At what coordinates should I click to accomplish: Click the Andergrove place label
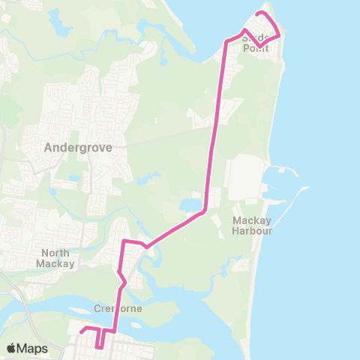coord(78,148)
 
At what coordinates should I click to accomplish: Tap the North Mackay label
coord(56,258)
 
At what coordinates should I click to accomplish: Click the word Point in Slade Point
coord(256,48)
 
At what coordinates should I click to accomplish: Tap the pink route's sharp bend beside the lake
coord(203,212)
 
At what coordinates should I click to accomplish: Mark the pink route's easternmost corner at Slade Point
coord(279,34)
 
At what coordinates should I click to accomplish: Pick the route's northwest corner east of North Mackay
coord(124,241)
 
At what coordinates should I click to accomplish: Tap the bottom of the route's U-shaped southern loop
coord(99,346)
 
